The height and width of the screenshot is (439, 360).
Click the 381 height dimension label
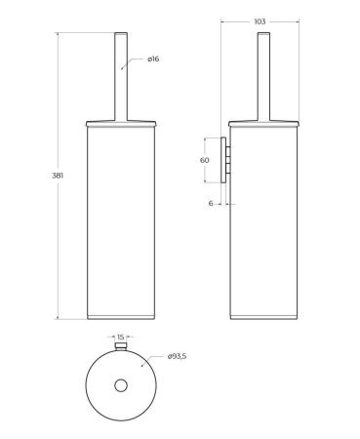click(58, 176)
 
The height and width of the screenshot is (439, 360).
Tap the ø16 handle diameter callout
click(153, 59)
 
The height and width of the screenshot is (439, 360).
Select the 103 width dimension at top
click(260, 21)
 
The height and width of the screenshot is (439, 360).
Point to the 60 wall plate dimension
click(205, 160)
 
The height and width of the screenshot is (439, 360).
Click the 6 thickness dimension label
click(211, 203)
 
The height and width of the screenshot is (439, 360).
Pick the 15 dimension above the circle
click(121, 337)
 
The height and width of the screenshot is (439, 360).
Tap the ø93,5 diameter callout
click(178, 356)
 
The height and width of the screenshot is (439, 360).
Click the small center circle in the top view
click(121, 385)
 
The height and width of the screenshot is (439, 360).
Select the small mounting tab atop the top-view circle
click(121, 345)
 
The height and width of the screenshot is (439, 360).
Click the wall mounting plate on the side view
click(223, 160)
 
